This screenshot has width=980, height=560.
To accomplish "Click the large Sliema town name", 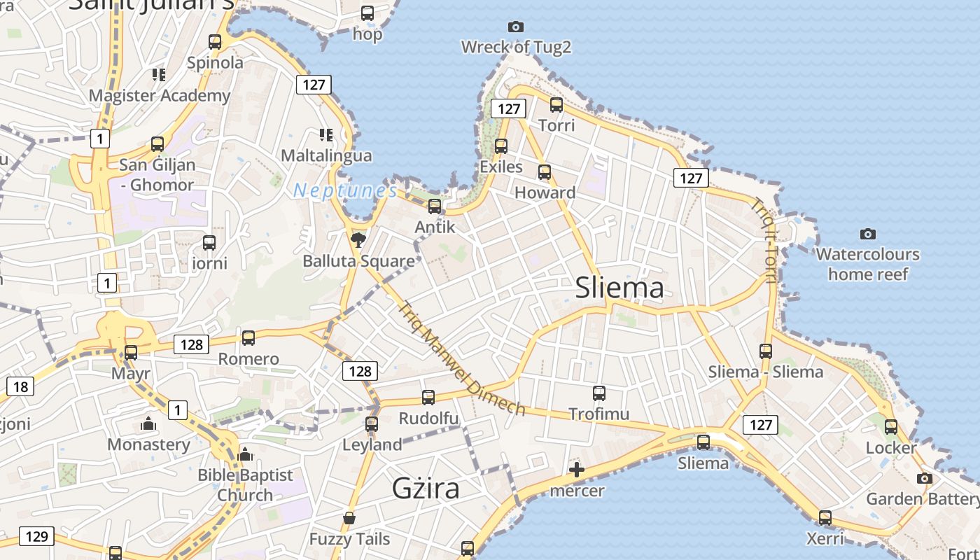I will (619, 288).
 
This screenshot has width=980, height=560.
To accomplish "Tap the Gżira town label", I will (426, 488).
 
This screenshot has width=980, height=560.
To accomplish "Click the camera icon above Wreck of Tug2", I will (516, 27).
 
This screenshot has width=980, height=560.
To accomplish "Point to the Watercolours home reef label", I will (868, 264).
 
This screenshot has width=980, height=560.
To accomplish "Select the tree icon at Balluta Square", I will (358, 240).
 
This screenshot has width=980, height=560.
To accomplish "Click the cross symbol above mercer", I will (577, 470).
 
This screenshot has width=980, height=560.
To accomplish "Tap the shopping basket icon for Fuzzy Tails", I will (349, 519).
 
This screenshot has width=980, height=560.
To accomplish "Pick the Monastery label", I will (148, 444).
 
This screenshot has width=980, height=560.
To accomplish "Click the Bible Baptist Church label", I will (245, 484).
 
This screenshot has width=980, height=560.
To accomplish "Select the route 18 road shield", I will (20, 386).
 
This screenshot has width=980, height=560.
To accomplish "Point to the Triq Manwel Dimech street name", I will (461, 358).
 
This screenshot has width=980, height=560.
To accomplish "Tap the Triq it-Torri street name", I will (764, 240).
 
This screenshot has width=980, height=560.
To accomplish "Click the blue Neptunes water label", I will (345, 190).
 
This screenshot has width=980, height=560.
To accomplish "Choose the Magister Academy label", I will (160, 96).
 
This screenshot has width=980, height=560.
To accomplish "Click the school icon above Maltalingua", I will (325, 134).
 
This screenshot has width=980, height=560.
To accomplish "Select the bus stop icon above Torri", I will (556, 105).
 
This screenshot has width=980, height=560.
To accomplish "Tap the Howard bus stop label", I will (545, 192).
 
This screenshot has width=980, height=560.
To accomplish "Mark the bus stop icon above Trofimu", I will (599, 393).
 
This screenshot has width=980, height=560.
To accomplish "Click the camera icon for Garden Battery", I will (925, 479).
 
